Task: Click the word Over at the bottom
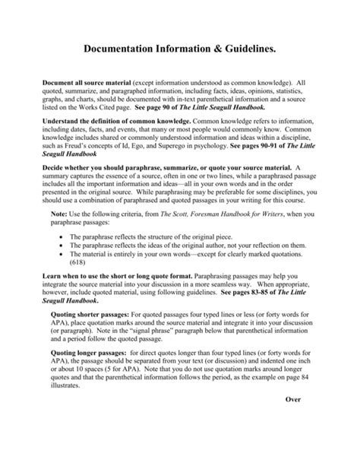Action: pyautogui.click(x=294, y=420)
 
